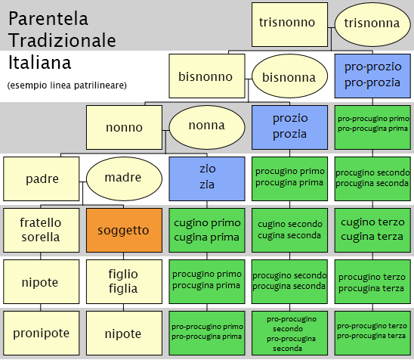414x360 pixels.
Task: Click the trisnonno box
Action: [289, 25]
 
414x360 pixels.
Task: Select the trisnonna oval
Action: [372, 25]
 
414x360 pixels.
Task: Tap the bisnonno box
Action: [207, 76]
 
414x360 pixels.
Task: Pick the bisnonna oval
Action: [289, 76]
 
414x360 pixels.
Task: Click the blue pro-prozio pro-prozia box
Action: [372, 76]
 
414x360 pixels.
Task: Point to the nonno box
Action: [124, 127]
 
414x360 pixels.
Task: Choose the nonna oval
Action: [207, 127]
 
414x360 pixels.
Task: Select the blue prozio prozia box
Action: [289, 127]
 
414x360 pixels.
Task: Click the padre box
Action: [42, 179]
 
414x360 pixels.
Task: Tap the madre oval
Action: [124, 179]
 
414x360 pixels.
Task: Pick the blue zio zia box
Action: [207, 179]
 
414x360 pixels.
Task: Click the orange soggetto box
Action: [124, 230]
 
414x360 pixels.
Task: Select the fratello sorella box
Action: [42, 230]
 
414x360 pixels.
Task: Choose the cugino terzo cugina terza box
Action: [372, 230]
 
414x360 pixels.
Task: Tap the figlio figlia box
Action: [124, 281]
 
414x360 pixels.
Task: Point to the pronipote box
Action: [42, 333]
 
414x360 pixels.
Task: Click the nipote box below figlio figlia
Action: [124, 333]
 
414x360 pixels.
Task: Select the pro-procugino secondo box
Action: [289, 333]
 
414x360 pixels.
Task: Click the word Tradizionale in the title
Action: [62, 40]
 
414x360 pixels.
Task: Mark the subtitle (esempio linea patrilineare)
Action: [67, 85]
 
